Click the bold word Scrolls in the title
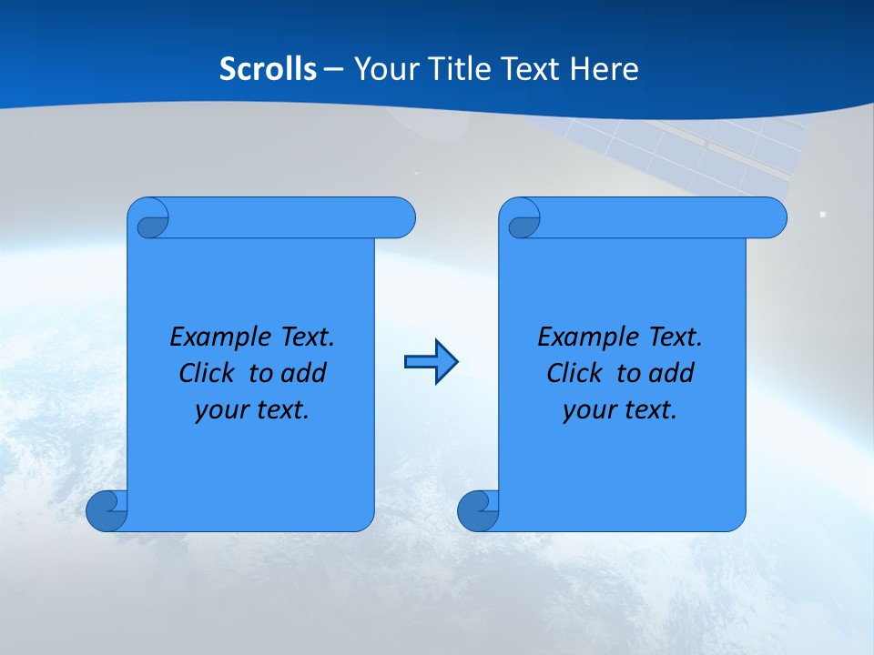pyautogui.click(x=268, y=69)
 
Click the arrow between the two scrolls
pyautogui.click(x=431, y=362)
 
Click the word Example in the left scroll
pyautogui.click(x=209, y=337)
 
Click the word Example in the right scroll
pyautogui.click(x=577, y=337)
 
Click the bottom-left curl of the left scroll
pyautogui.click(x=107, y=511)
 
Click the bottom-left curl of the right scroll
pyautogui.click(x=478, y=511)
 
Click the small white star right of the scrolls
pyautogui.click(x=823, y=215)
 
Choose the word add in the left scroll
pyautogui.click(x=303, y=373)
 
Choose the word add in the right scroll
pyautogui.click(x=671, y=373)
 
